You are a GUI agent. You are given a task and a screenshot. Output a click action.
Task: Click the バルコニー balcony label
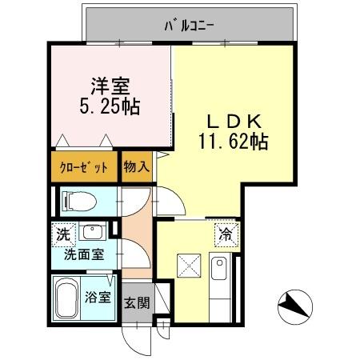point(189,25)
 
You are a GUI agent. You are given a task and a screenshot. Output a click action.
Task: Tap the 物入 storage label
point(136,168)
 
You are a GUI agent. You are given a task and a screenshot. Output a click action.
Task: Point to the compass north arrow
point(294,306)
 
